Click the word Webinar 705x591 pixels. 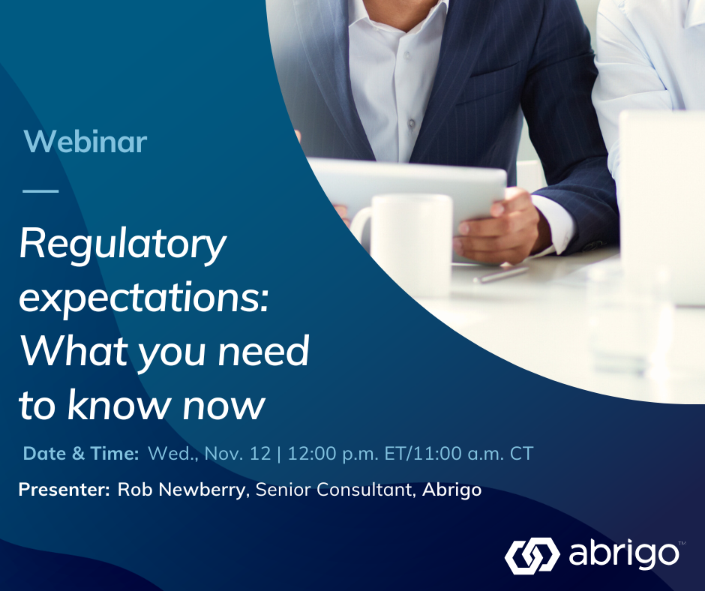click(85, 141)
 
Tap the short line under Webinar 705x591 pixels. click(40, 190)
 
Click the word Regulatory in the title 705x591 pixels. click(122, 246)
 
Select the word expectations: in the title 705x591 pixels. click(144, 298)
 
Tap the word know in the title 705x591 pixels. click(117, 404)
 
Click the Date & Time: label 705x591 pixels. click(81, 453)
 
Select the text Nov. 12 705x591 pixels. click(238, 453)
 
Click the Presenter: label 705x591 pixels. click(64, 489)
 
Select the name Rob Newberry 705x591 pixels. click(181, 489)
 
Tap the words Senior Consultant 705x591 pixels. click(334, 489)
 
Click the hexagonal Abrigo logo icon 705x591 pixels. click(532, 556)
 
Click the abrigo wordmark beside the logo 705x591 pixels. click(623, 555)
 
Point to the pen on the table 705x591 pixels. click(500, 274)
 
